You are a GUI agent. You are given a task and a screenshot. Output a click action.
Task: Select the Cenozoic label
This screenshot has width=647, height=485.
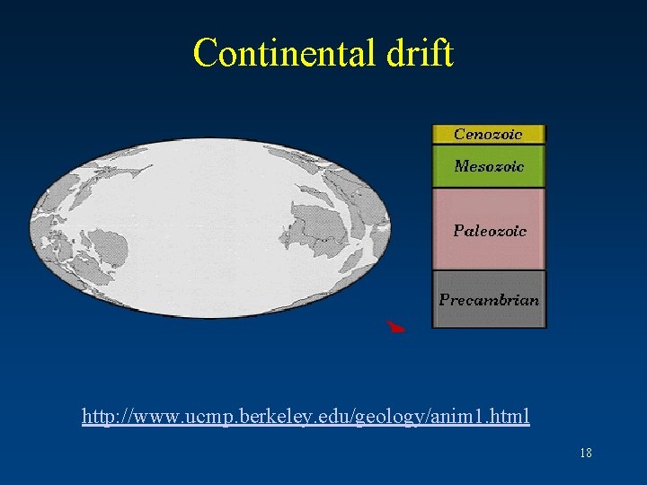488,135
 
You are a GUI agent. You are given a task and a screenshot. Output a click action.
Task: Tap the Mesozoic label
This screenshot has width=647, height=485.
489,166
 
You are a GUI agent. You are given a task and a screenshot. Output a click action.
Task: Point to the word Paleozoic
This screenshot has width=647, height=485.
490,231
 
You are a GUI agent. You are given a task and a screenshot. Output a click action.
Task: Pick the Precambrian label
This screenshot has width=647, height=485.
489,300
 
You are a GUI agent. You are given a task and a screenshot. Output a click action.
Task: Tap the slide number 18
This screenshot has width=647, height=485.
585,454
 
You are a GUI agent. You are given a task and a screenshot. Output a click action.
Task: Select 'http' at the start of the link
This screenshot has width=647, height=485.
98,417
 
